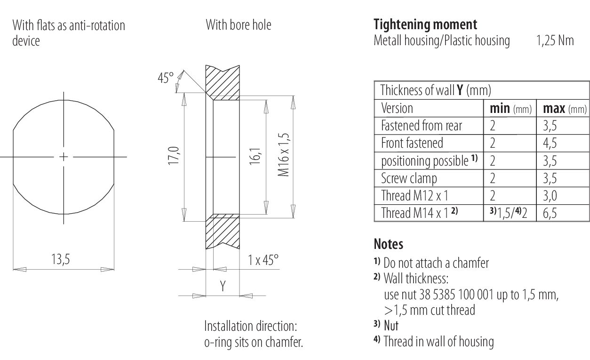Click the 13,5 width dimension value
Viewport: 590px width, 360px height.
[60, 259]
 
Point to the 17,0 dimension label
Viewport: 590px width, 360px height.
[174, 156]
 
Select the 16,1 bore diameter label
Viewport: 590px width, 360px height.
[255, 156]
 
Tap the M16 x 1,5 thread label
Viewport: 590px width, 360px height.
[284, 154]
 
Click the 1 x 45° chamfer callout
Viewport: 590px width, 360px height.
[263, 260]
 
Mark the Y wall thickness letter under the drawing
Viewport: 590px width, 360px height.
[223, 286]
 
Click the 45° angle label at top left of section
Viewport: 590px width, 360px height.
[166, 78]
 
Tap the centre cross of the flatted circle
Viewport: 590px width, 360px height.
[64, 157]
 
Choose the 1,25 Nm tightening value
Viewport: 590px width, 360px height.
[555, 41]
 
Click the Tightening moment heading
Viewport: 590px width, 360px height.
[425, 24]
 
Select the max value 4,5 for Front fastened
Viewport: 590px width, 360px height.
[550, 143]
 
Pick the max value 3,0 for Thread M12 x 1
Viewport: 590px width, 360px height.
[550, 196]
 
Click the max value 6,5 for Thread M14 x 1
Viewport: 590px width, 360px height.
[550, 213]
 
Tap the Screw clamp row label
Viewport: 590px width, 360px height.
[409, 179]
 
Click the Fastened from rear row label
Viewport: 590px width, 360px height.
[422, 126]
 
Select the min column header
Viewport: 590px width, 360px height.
[500, 109]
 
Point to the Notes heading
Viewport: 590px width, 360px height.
[388, 244]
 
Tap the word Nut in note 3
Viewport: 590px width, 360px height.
[391, 326]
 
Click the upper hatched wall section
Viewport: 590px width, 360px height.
[223, 83]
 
